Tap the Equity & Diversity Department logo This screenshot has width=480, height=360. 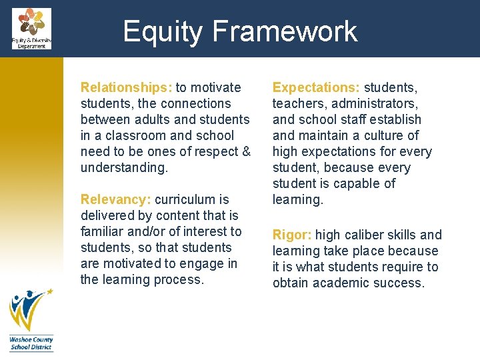[31, 28]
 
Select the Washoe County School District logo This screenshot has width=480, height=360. [31, 319]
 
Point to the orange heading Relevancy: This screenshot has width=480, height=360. [116, 199]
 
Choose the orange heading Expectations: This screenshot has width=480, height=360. [316, 87]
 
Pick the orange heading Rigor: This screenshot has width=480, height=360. [292, 235]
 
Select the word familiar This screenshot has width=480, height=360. [102, 231]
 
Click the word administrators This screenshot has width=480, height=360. [378, 103]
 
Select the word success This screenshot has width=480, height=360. [400, 283]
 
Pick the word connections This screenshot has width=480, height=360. [195, 103]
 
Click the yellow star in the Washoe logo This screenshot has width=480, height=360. [49, 291]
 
